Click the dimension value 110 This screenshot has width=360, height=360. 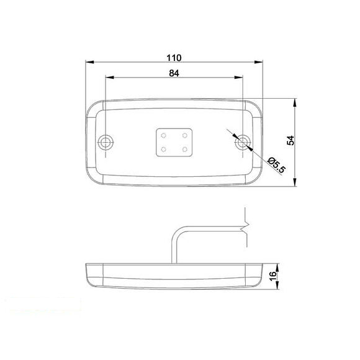(173, 58)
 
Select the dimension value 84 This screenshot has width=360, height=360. (173, 74)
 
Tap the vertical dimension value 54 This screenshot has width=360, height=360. (290, 140)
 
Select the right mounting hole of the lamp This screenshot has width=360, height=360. (243, 143)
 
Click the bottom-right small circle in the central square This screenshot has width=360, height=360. (185, 149)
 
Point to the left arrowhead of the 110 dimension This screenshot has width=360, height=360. (89, 63)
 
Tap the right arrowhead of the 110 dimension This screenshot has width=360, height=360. (259, 63)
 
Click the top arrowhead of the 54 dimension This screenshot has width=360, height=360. (295, 101)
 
